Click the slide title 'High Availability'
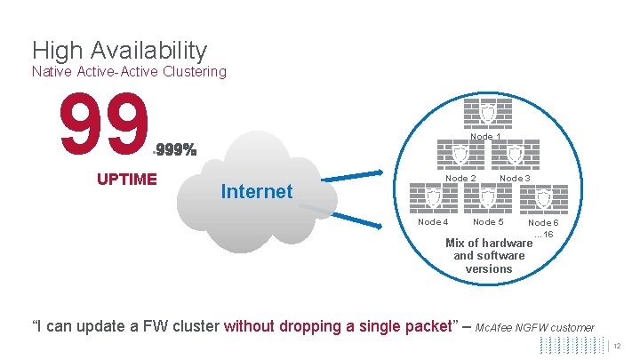pos(119,51)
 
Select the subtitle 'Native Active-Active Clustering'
pos(129,71)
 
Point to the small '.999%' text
pos(174,148)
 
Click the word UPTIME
pos(126,178)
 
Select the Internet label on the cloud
pos(256,191)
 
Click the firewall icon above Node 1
pos(487,113)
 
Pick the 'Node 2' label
pos(460,179)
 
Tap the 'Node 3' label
pos(516,179)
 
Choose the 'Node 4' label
pos(433,222)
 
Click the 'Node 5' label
pos(488,222)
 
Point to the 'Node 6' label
pos(543,223)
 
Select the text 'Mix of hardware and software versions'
pos(489,256)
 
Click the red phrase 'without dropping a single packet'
pos(338,326)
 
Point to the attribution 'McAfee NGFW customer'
pos(535,328)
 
